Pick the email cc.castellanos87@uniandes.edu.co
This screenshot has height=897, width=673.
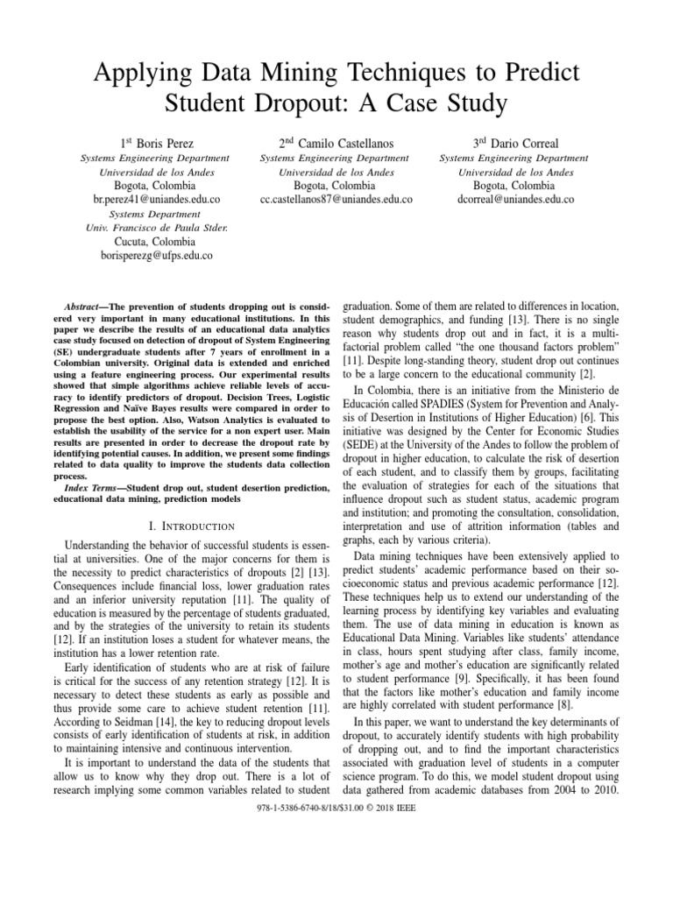coord(336,200)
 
